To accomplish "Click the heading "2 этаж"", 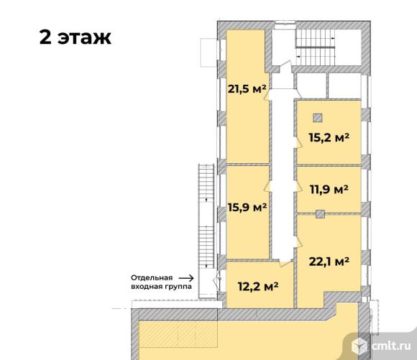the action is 75,37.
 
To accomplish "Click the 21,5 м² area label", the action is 247,89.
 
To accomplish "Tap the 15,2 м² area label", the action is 329,137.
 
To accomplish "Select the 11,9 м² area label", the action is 329,190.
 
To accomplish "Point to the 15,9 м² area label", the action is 247,207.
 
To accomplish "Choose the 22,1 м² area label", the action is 329,262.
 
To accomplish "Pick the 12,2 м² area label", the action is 258,287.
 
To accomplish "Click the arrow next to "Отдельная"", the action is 186,278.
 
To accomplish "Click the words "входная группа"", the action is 161,287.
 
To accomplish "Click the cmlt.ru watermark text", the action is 391,346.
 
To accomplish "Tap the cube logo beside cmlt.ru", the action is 359,346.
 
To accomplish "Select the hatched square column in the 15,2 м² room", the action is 318,118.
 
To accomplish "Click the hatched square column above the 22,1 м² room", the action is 320,214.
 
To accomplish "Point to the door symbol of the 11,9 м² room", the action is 298,186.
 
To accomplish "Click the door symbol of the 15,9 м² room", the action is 267,186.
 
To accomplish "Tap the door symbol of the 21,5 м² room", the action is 267,95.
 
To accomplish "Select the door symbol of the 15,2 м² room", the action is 298,143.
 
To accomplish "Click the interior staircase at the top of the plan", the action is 316,47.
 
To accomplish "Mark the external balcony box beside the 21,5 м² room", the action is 208,52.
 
